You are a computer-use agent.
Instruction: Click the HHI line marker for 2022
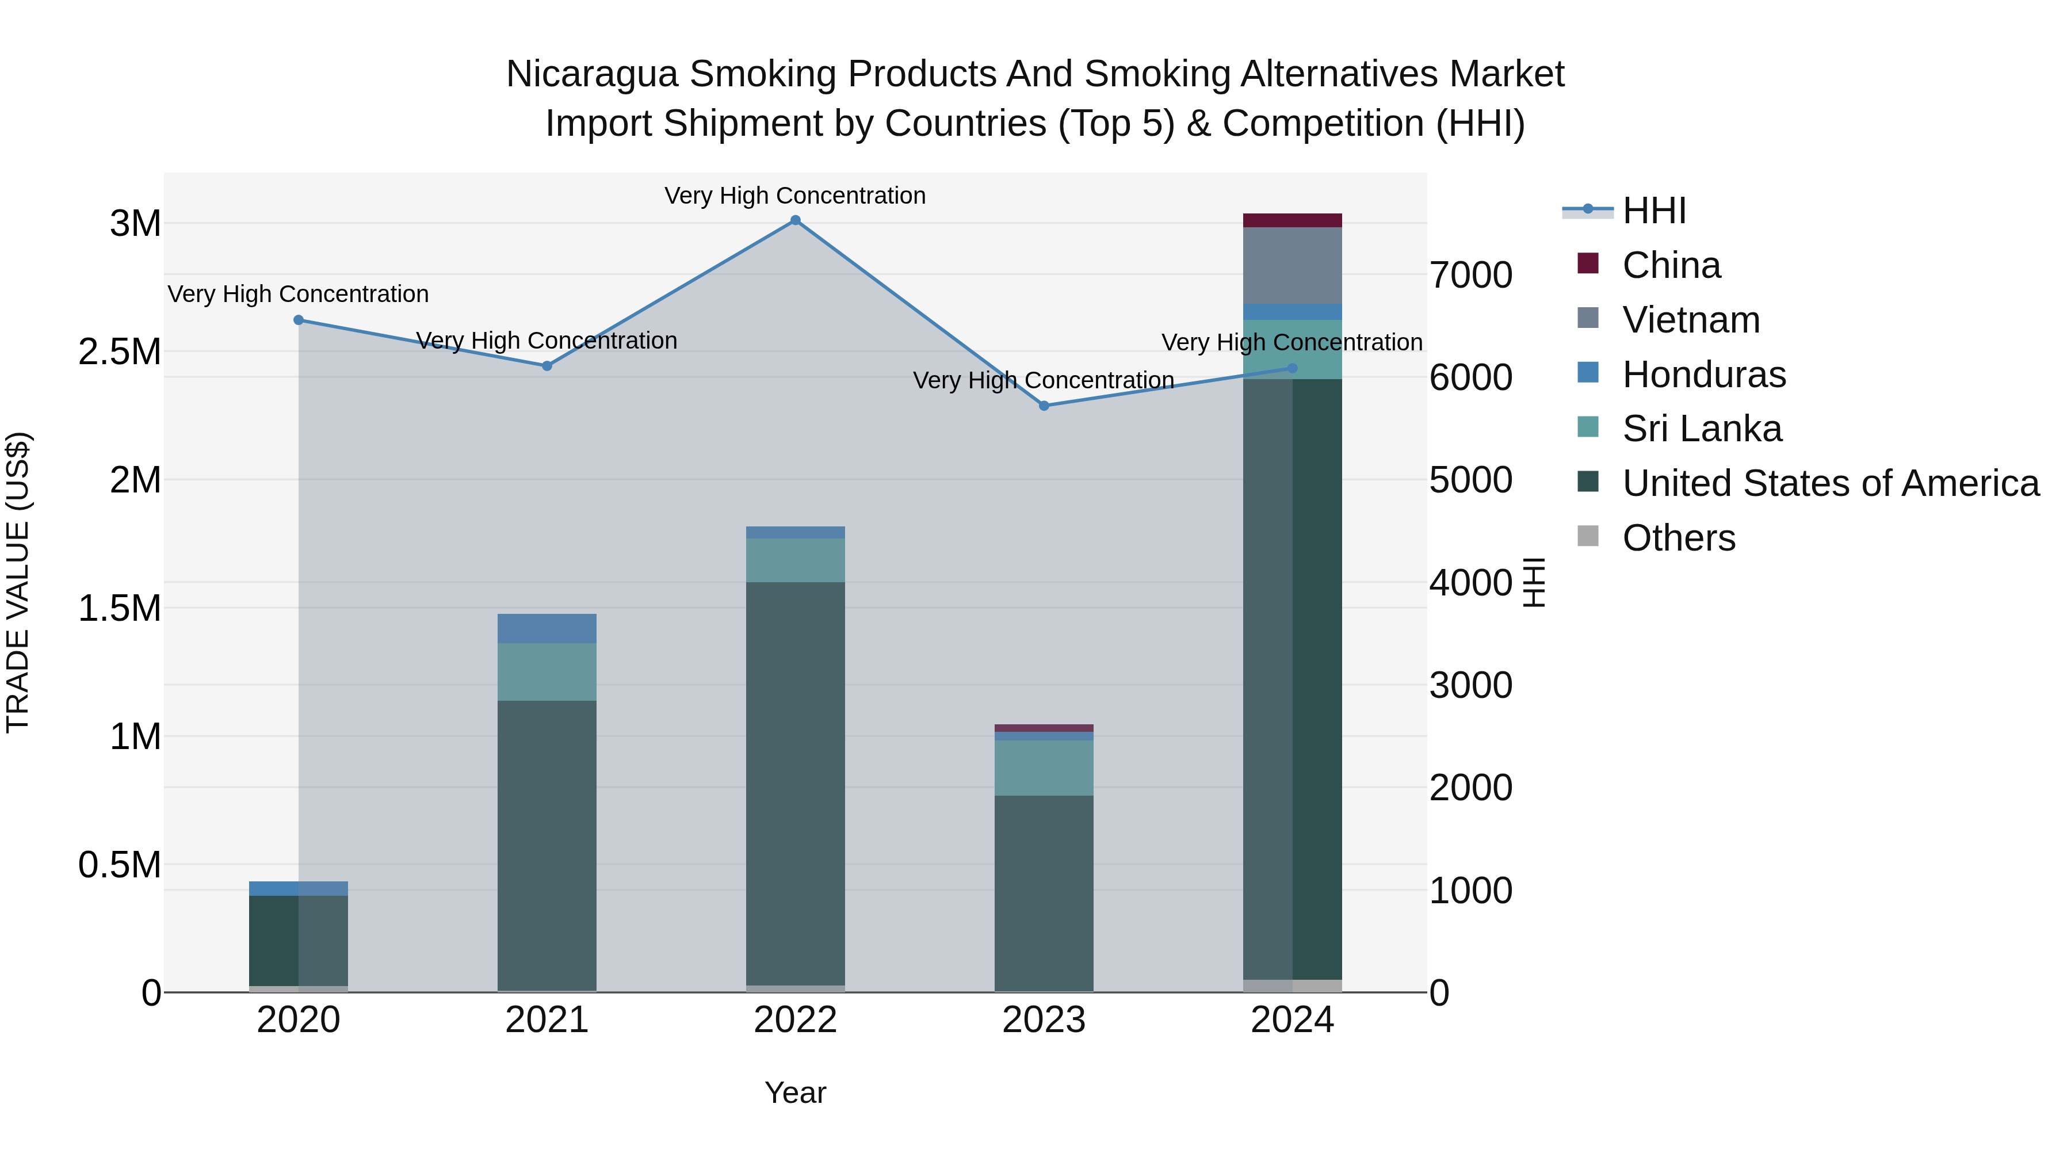coord(795,220)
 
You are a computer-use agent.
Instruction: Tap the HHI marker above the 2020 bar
coord(298,320)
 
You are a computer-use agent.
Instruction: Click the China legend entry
coord(1671,265)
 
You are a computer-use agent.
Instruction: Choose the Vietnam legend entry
coord(1691,320)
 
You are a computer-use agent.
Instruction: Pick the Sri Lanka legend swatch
coord(1588,427)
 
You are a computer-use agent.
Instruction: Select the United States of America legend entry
coord(1830,483)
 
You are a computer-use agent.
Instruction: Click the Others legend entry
coord(1678,538)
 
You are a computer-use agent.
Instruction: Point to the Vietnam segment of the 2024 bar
coord(1292,265)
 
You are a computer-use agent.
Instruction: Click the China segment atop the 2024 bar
coord(1292,220)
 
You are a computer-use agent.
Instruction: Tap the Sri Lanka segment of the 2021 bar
coord(547,671)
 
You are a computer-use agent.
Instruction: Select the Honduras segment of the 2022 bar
coord(795,532)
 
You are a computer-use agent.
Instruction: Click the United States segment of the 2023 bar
coord(1044,892)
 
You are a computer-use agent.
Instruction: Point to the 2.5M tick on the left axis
coord(120,352)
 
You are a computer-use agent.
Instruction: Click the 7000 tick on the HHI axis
coord(1470,275)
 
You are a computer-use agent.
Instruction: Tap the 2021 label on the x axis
coord(547,1020)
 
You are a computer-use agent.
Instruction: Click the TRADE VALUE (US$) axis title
coord(18,582)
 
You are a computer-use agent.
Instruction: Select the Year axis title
coord(795,1093)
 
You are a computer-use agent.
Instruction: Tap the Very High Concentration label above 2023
coord(1044,380)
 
